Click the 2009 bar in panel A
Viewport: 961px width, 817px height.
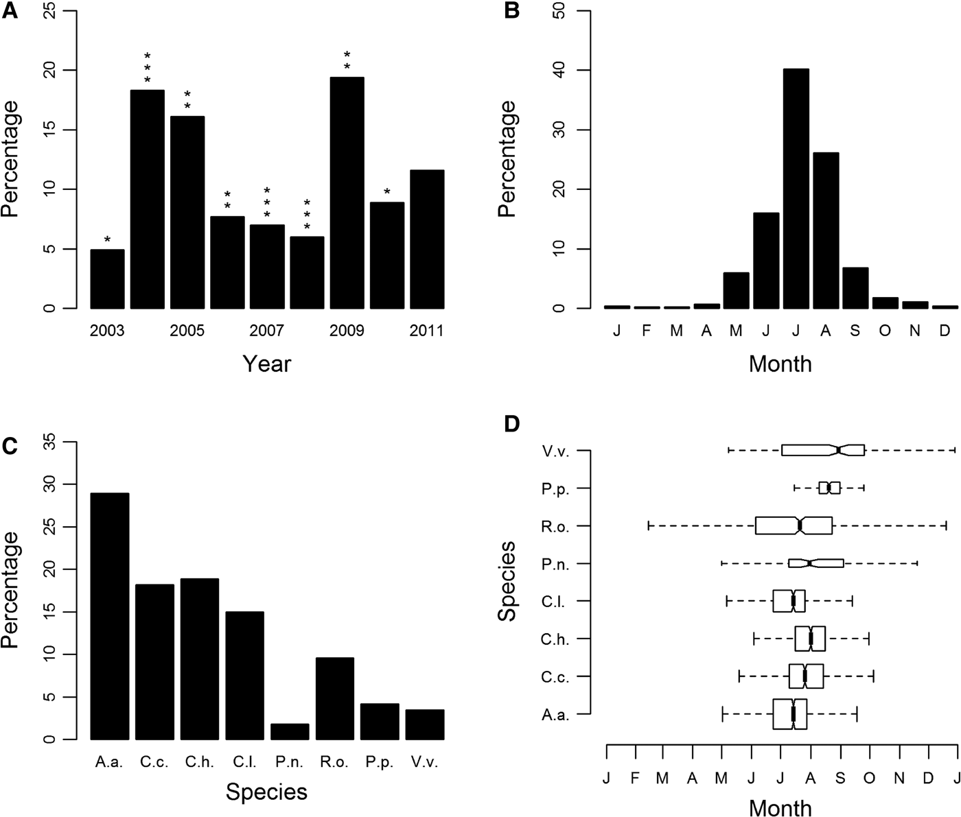[x=347, y=193]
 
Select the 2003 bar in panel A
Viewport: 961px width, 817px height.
[x=108, y=279]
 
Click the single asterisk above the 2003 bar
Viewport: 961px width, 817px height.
[x=108, y=239]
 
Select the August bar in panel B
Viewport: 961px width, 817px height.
[x=826, y=230]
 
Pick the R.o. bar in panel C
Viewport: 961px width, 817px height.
[x=335, y=698]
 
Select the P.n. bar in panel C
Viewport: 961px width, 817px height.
[x=290, y=731]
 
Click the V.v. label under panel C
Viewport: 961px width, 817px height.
[x=424, y=762]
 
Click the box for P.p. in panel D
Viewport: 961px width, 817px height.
[x=829, y=488]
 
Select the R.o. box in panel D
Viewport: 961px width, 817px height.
[x=794, y=525]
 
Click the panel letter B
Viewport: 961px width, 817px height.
[x=512, y=11]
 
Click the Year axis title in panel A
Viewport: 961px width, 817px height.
[x=267, y=363]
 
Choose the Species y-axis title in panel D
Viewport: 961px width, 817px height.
[x=507, y=581]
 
